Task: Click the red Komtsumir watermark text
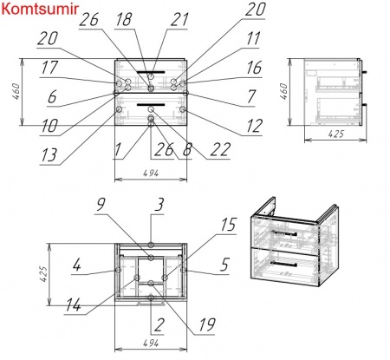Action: tap(40, 9)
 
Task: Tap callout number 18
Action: tap(125, 20)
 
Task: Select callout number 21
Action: tap(179, 20)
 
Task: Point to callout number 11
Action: tap(253, 38)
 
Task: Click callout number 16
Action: tap(254, 68)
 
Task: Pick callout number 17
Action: tap(49, 68)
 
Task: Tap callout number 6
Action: tap(52, 96)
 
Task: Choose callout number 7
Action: tap(251, 96)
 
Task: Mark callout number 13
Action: tap(49, 155)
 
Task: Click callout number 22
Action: tap(220, 149)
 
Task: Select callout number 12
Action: tap(255, 126)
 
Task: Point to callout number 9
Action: tap(101, 205)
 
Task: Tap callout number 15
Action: tap(229, 225)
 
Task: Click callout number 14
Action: tap(74, 305)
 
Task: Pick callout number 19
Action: tap(207, 324)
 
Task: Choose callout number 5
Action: tap(225, 265)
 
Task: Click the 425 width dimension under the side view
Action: tap(336, 134)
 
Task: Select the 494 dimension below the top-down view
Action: tap(151, 344)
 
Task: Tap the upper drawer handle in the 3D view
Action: tap(283, 232)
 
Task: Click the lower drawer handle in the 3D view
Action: tap(283, 264)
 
